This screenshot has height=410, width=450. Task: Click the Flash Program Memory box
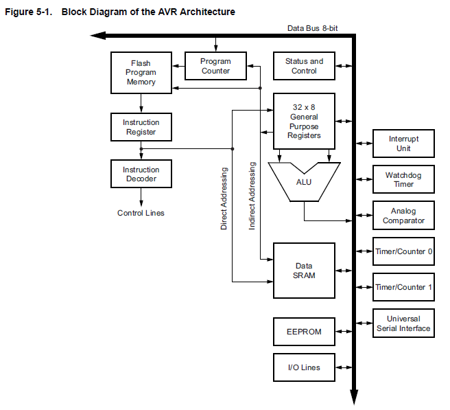[141, 72]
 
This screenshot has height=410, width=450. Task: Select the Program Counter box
[215, 66]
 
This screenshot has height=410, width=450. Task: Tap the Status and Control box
[304, 66]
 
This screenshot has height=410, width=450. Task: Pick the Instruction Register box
[141, 127]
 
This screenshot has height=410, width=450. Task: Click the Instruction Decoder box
[141, 174]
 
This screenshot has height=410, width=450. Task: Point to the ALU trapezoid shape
[304, 183]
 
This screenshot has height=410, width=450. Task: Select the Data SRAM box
[304, 270]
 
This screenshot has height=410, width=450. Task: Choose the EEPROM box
[304, 331]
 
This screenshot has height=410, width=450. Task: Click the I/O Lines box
[304, 367]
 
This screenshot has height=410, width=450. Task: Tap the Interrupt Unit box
[403, 144]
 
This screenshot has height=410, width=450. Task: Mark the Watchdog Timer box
[403, 179]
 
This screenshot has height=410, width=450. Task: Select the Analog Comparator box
[403, 216]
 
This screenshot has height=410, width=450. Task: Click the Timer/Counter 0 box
[403, 251]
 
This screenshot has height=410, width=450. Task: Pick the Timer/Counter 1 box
[403, 287]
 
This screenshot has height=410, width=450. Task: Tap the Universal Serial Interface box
[403, 323]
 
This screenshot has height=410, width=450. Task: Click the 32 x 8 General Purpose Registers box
[304, 121]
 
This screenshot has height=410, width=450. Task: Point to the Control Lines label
[141, 213]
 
